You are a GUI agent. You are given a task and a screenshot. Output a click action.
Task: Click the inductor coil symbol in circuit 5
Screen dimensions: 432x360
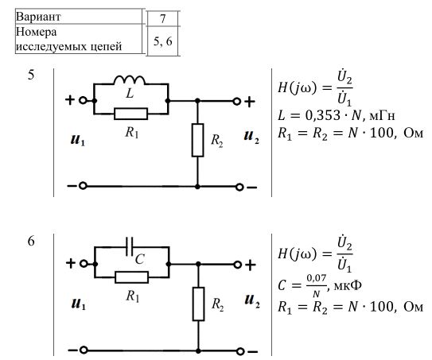tap(129, 79)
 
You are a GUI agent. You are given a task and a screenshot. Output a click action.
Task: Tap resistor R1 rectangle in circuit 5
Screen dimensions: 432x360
tap(130, 114)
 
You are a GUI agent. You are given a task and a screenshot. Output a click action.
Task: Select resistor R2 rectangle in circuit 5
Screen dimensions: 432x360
tap(197, 140)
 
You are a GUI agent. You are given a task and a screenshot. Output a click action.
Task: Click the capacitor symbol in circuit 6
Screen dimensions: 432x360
tap(129, 246)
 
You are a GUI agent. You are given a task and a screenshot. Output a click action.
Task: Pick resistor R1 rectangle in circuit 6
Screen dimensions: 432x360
tap(132, 277)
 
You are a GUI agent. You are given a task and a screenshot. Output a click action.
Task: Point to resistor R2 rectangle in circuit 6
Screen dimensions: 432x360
tap(198, 304)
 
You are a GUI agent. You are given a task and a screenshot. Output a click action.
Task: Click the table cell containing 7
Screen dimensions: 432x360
tap(162, 19)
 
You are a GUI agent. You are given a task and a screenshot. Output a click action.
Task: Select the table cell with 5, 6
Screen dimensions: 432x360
tap(162, 41)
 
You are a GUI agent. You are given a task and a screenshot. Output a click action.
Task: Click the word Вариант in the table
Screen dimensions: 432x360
tap(38, 17)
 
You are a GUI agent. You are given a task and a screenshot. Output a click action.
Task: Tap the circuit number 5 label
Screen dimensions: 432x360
tap(31, 75)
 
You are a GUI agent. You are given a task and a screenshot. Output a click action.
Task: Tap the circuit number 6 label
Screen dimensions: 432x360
tap(31, 241)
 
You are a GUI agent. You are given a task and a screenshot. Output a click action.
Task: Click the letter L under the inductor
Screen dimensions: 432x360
tap(130, 93)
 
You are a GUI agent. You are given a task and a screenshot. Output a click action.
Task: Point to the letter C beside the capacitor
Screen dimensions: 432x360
tap(140, 259)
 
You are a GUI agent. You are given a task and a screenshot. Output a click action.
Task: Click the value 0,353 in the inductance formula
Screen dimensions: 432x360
tap(323, 115)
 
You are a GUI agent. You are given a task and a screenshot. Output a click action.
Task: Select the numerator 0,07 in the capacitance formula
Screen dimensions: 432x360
tap(317, 278)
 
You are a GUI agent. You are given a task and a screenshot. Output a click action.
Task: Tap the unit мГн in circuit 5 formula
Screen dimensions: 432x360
tap(382, 116)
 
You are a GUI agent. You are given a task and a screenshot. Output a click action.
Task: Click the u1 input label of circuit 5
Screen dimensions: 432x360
tap(78, 140)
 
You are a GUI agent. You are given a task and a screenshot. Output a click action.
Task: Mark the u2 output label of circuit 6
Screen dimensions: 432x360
tap(252, 300)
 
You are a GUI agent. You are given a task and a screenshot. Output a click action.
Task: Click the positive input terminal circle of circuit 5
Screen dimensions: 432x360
tap(83, 100)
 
